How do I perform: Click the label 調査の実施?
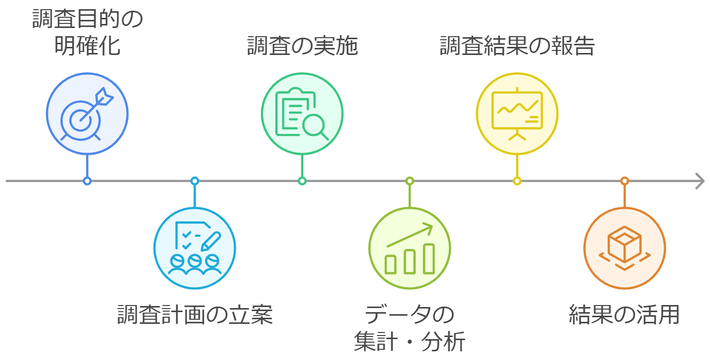coord(302,46)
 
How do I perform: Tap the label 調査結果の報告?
coord(517,46)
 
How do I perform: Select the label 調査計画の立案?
coord(195,314)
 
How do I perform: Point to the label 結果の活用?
coord(624,314)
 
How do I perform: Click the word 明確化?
coord(87,46)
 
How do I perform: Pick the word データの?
coord(409,314)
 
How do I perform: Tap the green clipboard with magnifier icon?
coord(302,114)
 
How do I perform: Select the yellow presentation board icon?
coord(517,114)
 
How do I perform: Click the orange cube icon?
coord(624,248)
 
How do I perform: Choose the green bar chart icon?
coord(409,248)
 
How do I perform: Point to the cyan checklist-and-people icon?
coord(195,248)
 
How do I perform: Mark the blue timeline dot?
coord(87,181)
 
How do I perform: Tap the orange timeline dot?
coord(624,181)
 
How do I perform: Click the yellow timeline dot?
coord(517,181)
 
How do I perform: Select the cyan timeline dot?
coord(194,181)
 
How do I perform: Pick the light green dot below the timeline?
coord(409,181)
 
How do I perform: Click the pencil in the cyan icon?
coord(211,241)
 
